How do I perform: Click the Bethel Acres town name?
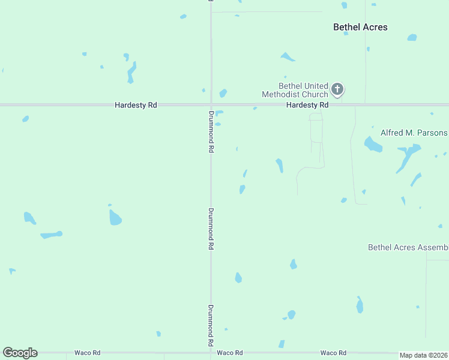coord(360,27)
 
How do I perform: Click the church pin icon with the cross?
coord(337,90)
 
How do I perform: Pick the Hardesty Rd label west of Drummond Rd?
coord(136,105)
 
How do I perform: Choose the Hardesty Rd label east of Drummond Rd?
coord(307,105)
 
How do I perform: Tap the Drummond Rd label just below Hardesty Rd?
coord(211,131)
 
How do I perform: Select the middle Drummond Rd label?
coord(211,229)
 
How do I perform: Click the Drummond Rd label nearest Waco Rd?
coord(211,325)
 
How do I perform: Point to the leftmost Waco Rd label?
coord(87,353)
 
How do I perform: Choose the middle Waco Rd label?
coord(229,353)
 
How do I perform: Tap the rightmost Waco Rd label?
coord(333,353)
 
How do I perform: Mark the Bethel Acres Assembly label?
coord(408,247)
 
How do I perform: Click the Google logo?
coord(20,353)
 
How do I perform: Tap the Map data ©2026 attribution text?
coord(424,355)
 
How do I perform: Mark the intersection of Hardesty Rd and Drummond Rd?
coord(211,105)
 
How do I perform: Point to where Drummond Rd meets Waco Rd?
coord(211,353)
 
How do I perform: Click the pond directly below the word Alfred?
coord(373,145)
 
